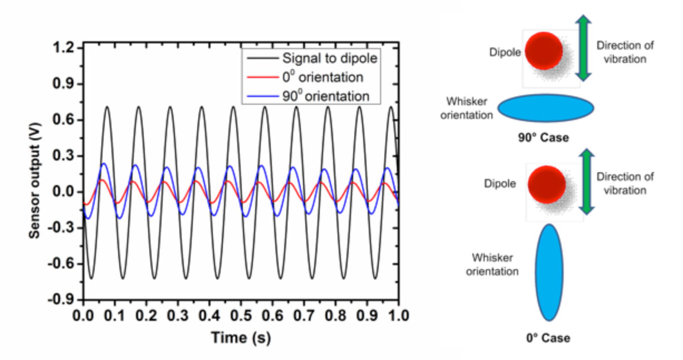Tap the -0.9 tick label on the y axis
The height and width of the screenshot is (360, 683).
coord(60,299)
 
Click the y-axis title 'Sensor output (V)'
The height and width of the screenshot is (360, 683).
coord(35,173)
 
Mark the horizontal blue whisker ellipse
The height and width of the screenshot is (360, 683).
coord(545,108)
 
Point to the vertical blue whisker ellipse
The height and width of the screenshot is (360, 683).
coord(549,272)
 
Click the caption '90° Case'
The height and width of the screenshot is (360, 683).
coord(543,138)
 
